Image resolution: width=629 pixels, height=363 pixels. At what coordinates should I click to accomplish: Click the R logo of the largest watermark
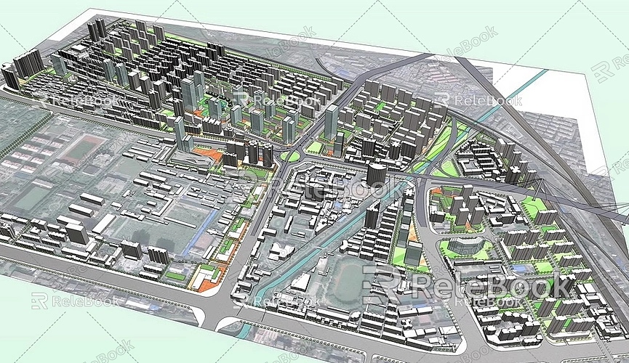382,285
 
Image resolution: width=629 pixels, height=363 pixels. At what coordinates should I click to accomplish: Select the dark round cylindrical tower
376,174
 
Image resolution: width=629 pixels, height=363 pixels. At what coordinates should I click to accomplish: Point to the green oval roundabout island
290,155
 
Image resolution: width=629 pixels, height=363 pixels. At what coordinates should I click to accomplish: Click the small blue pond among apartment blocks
518,268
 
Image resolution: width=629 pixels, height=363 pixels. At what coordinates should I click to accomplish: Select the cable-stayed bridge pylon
537,190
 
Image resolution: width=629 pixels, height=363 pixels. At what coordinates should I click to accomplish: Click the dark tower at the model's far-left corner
9,76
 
